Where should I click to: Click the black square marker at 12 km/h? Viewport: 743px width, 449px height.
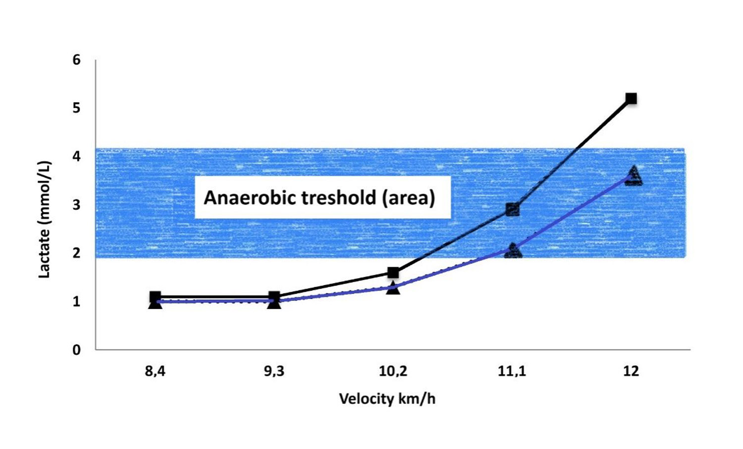631,99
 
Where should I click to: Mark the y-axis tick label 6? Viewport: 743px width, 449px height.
76,60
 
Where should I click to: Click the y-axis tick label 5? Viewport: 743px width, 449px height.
76,108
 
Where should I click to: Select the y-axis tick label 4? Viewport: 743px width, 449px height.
76,156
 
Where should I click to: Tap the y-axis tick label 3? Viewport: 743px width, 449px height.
76,204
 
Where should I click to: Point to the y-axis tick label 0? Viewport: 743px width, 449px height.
76,350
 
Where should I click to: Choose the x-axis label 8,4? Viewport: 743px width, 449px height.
155,371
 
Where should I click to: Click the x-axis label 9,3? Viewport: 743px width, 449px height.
274,371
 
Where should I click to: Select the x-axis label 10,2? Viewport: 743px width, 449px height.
393,371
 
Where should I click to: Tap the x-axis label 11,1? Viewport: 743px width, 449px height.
512,371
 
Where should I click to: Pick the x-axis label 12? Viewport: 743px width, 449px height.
631,371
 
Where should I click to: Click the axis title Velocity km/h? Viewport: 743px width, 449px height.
387,399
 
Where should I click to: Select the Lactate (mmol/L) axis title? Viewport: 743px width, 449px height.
45,219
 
